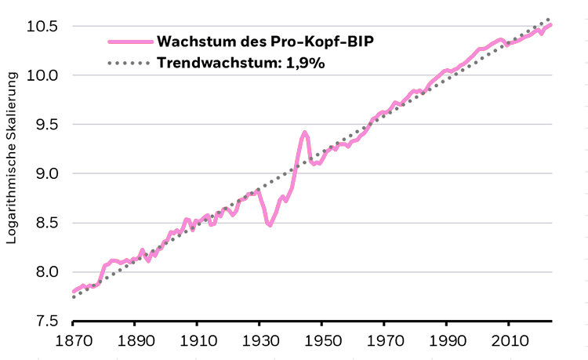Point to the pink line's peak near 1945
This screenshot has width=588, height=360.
point(305,133)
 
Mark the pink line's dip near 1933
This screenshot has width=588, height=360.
point(269,225)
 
